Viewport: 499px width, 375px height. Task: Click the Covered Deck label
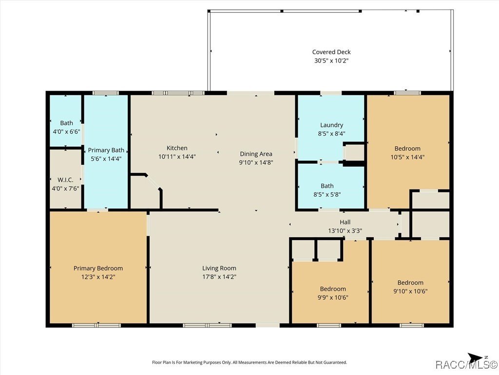(331, 52)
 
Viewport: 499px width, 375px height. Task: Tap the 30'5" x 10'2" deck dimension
(331, 61)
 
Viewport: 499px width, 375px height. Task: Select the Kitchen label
(177, 148)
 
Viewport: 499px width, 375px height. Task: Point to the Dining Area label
(256, 154)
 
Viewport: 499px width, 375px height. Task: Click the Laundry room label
(331, 125)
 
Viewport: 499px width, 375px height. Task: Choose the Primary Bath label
(106, 150)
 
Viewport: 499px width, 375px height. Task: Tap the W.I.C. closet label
(65, 180)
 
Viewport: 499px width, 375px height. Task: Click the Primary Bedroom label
(98, 268)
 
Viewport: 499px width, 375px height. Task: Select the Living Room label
(219, 268)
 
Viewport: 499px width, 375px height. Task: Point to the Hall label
(345, 222)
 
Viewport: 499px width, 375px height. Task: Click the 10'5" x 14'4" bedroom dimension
(407, 157)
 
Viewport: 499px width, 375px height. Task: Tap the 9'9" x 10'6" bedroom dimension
(333, 297)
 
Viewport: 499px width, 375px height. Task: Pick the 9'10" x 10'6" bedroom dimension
(410, 291)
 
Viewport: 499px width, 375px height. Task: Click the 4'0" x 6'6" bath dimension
(66, 131)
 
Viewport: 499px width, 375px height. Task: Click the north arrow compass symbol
(476, 357)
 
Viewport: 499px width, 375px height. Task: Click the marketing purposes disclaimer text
(249, 362)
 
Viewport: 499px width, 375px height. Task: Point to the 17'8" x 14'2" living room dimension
(219, 276)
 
